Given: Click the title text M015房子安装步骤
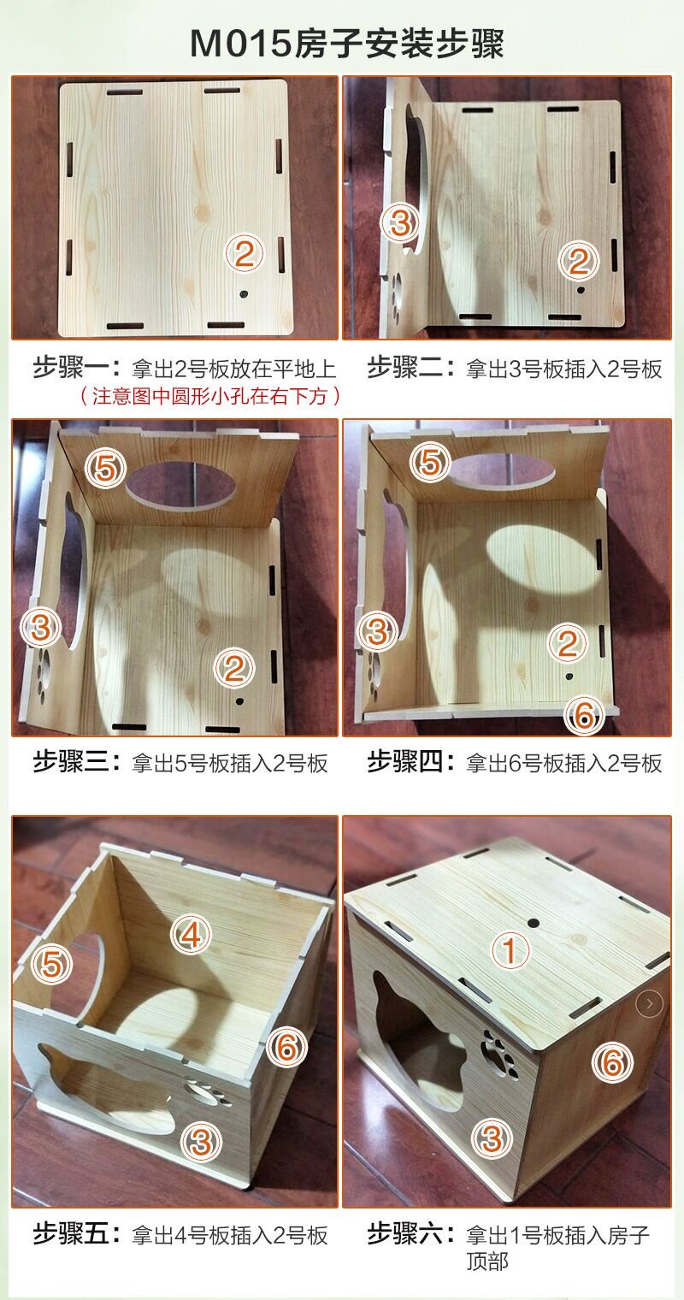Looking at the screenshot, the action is click(347, 44).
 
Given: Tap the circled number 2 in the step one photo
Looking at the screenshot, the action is click(245, 253).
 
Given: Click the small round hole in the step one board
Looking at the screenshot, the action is click(243, 295).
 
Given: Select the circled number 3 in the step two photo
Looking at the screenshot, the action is click(400, 223).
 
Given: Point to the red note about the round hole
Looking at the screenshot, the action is click(209, 396).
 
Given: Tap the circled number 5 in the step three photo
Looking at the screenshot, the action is click(105, 468).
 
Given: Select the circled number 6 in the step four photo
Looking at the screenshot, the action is click(584, 714).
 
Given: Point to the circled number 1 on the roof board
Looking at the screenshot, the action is click(510, 951).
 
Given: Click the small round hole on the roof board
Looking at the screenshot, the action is click(534, 922).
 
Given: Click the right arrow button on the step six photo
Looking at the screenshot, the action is click(649, 1003).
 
